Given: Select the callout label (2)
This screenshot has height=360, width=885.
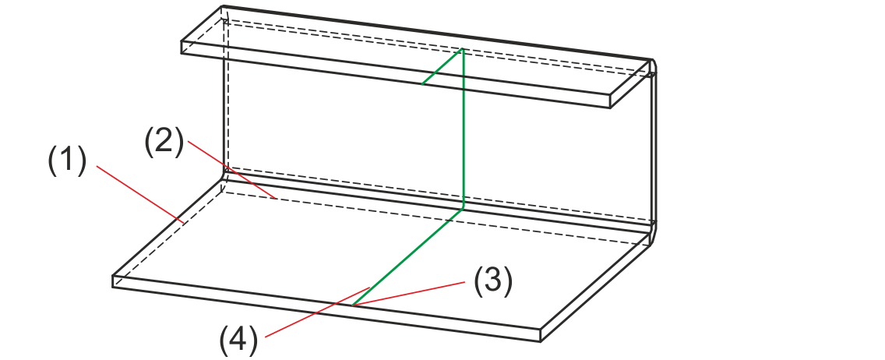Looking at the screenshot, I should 163,142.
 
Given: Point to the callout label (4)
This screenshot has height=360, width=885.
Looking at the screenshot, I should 238,341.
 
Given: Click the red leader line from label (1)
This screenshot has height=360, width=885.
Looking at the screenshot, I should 140,194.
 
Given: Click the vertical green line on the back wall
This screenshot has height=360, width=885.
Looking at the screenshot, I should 464,129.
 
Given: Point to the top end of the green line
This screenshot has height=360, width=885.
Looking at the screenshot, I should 464,49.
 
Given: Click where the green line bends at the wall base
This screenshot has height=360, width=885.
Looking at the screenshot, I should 464,208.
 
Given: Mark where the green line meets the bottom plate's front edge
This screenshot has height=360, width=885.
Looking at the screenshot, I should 353,305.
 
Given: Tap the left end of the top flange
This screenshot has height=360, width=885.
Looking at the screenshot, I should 183,47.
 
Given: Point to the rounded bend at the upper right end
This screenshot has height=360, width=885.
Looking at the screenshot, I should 653,67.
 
